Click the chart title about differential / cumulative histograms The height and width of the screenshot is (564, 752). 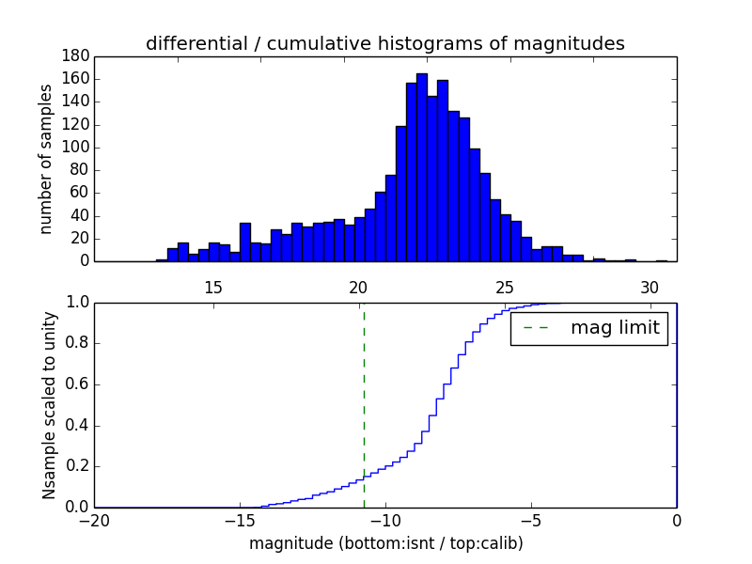coord(384,43)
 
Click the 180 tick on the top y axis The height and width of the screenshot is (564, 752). coord(76,56)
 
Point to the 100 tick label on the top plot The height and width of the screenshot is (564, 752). coord(76,148)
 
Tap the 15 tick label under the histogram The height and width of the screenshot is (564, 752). coord(212,286)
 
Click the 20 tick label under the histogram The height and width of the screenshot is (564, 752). coord(358,286)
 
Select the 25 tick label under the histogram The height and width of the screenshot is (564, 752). coord(504,286)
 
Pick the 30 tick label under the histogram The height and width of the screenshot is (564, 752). coord(649,286)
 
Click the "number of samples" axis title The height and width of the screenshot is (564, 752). coord(46,159)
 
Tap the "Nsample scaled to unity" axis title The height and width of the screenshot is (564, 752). coord(49,406)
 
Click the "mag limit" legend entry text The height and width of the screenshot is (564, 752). coord(615,328)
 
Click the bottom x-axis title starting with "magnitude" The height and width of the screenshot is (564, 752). coord(385,543)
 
